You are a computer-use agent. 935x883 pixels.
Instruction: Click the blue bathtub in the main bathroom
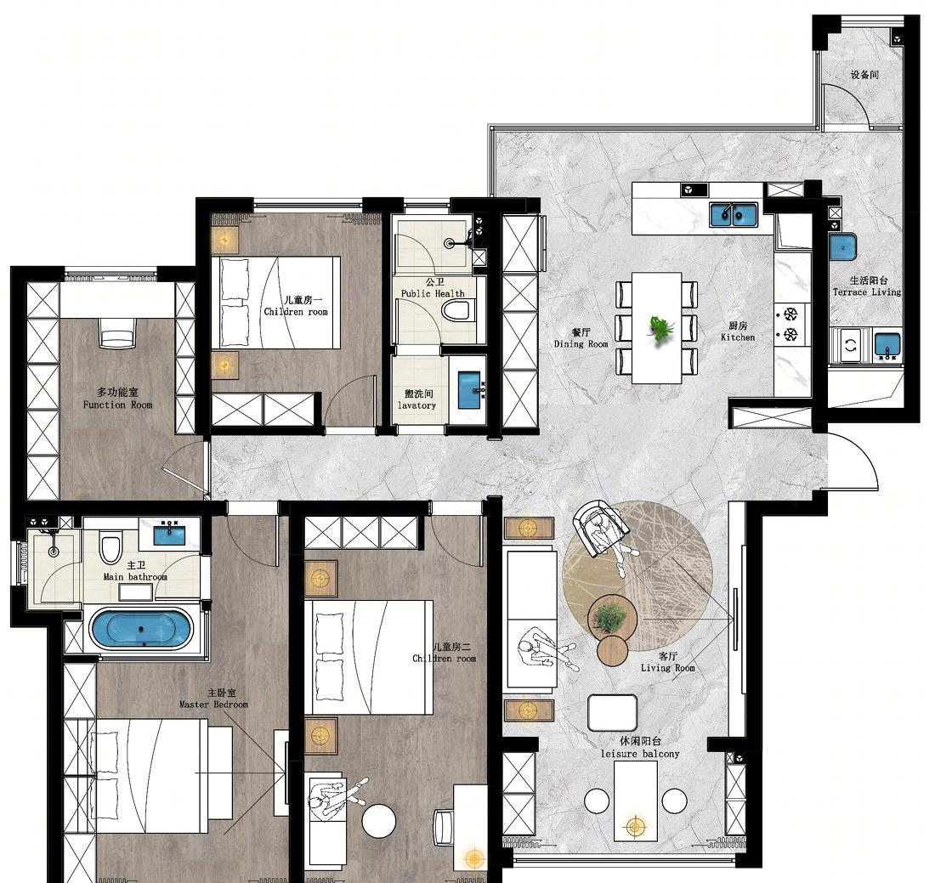tap(141, 629)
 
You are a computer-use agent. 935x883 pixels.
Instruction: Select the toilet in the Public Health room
tap(456, 311)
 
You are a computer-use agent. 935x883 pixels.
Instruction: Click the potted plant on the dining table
tap(660, 329)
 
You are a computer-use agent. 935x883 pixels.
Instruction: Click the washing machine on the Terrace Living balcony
tap(851, 345)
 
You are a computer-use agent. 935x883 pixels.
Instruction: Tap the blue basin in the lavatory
tap(469, 391)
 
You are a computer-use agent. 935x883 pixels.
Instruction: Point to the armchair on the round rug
tap(600, 529)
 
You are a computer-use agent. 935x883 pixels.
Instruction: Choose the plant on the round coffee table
tap(609, 619)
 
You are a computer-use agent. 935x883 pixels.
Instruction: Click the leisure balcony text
tap(640, 754)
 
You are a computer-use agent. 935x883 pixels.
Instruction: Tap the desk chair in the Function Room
tap(118, 333)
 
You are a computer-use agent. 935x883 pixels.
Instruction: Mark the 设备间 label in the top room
tap(864, 75)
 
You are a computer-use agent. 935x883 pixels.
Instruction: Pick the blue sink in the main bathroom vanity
tap(169, 535)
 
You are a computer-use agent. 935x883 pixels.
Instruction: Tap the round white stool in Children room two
tap(379, 821)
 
